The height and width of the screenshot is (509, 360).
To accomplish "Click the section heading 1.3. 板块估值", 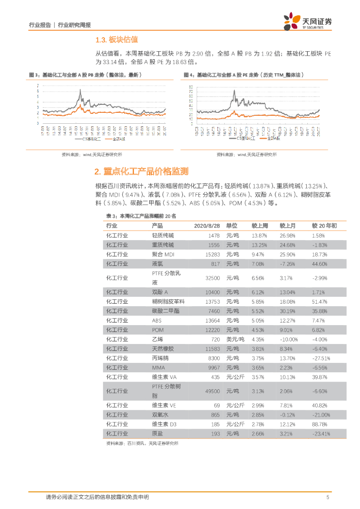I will tap(116, 40).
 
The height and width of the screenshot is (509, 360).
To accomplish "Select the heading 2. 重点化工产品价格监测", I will tap(141, 171).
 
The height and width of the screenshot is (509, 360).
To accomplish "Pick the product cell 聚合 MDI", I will tap(163, 254).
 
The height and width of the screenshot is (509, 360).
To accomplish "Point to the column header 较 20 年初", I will tap(324, 226).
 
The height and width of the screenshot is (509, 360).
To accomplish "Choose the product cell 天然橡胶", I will tap(163, 349).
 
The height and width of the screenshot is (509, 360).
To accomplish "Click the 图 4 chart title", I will tap(244, 75).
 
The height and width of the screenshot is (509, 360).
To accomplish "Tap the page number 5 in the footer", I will tap(327, 497).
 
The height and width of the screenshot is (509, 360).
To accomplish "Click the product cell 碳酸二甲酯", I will tap(166, 311).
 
